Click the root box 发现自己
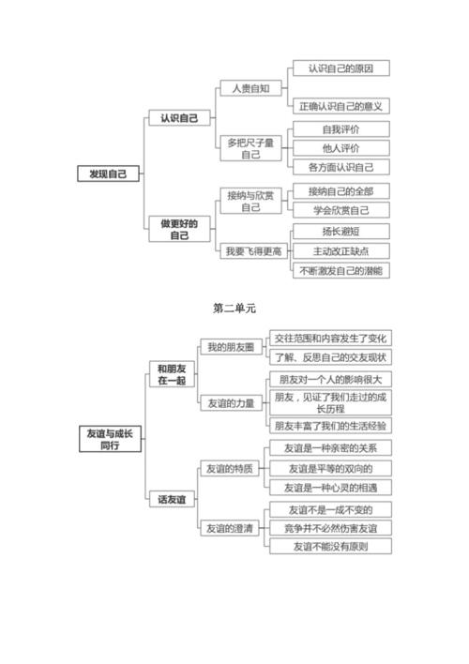[108, 174]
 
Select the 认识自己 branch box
[179, 119]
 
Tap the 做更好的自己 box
[179, 229]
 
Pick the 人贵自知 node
[251, 88]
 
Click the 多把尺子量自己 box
[251, 148]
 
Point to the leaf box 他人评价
[340, 148]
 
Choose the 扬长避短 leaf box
[340, 231]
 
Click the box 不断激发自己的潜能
[340, 270]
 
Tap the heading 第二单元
[234, 308]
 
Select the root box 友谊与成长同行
[109, 439]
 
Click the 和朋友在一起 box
[172, 374]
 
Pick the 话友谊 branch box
[172, 500]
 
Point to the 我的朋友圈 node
[231, 348]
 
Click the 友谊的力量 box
[231, 403]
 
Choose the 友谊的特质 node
[231, 469]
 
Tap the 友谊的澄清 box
[231, 529]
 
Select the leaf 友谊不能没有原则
[330, 547]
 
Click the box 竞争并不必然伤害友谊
[330, 529]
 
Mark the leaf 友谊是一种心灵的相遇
[330, 488]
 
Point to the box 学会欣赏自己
[340, 210]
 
